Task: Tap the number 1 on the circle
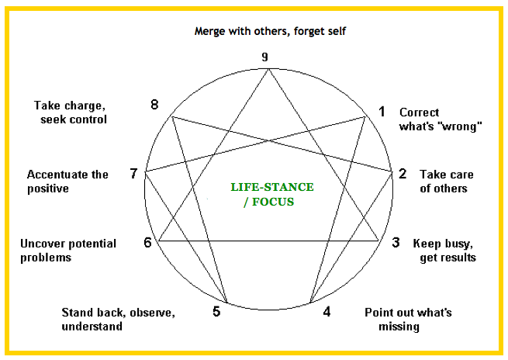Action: [382, 112]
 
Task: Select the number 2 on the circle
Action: [403, 174]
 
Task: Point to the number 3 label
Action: [396, 243]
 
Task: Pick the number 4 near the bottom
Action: [327, 312]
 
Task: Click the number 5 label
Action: [216, 312]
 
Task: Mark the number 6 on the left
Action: [147, 243]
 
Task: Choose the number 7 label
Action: [133, 174]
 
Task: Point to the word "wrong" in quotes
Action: [462, 126]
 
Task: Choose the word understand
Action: [92, 327]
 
